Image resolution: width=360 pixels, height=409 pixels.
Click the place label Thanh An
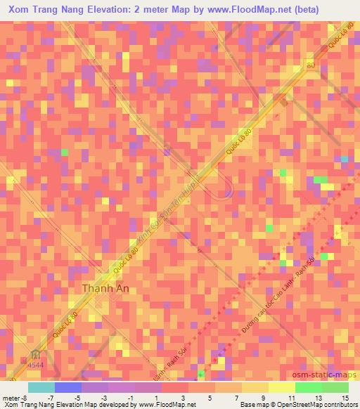[x=108, y=288]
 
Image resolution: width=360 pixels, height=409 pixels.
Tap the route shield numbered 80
[x=311, y=65]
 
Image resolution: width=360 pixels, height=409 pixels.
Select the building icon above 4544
[x=35, y=353]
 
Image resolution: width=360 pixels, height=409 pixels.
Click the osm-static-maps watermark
[x=321, y=375]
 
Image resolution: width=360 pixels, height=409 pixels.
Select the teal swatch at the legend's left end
[x=41, y=387]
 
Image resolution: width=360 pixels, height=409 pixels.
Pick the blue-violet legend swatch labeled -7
[x=68, y=387]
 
